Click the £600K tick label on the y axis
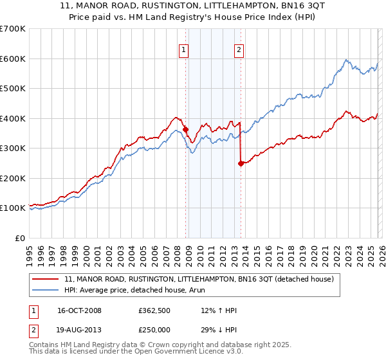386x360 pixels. click(x=13, y=59)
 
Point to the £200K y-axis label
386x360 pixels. click(x=13, y=178)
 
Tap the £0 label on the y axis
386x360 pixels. click(x=19, y=238)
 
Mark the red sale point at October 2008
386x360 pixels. click(x=186, y=129)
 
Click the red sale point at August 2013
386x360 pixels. click(x=241, y=163)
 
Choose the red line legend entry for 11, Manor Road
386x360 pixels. click(x=199, y=280)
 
